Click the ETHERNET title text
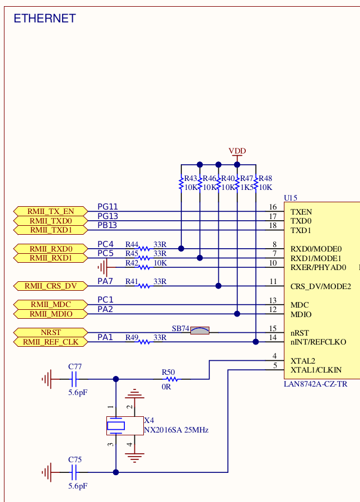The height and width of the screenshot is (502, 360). coord(44,18)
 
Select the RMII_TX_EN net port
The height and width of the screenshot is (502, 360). coord(51,211)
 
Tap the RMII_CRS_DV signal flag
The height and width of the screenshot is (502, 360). coord(51,286)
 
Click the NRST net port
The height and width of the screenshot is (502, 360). coord(51,332)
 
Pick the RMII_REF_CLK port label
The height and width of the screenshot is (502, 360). coord(51,342)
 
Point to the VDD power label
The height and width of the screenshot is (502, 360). coord(237,151)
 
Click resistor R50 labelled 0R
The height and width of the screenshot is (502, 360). coord(169,379)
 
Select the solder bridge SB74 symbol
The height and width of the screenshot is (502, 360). coord(199,331)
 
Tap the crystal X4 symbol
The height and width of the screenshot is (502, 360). coord(116,425)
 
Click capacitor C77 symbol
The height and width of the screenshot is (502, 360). coord(74,379)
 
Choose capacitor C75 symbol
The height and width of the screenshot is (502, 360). coord(74,472)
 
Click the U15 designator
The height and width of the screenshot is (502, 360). coord(291,198)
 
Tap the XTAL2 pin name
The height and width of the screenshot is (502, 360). coord(303,361)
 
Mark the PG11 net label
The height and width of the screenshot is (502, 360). coord(107,207)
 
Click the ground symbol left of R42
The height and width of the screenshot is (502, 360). coord(105,267)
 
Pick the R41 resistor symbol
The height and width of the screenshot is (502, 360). coord(144,286)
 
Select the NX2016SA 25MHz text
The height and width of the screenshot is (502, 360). coord(176,430)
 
